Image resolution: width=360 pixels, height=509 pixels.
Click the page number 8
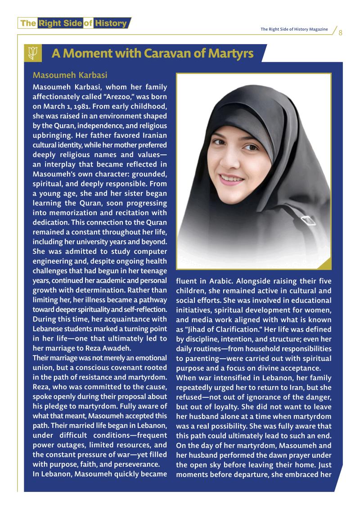click(x=341, y=33)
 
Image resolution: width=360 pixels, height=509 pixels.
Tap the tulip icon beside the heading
click(x=33, y=54)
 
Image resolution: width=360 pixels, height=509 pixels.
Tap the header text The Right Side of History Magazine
click(x=294, y=29)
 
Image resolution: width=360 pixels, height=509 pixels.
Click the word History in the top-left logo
click(x=111, y=23)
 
